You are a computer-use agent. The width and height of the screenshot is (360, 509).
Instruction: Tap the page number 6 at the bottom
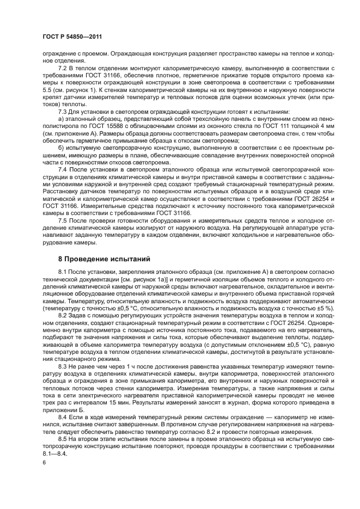click(44, 462)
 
